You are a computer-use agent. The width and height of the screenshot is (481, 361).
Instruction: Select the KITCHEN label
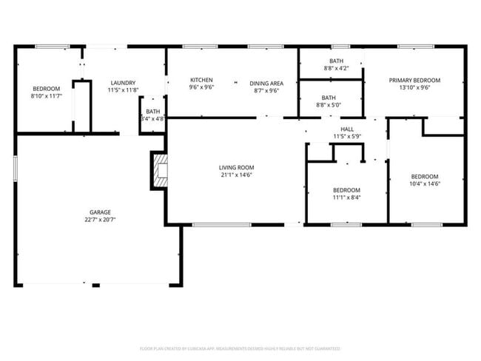point(201,80)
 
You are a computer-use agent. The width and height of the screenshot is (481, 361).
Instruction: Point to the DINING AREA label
point(266,84)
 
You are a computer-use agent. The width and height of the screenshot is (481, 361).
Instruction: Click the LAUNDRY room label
point(123,82)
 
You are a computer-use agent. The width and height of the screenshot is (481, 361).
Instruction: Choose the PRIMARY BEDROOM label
point(414,80)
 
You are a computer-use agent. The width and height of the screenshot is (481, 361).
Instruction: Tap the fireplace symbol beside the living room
point(159,170)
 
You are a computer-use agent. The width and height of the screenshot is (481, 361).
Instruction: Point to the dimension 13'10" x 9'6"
point(414,88)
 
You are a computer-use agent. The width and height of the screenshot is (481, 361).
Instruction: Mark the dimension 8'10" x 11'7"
point(45,95)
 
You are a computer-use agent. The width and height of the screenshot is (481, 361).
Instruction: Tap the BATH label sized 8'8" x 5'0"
point(329,98)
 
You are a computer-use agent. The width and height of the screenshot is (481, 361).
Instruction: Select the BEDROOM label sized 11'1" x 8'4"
point(346,190)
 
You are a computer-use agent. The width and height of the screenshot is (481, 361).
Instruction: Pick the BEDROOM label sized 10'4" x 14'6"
point(425,176)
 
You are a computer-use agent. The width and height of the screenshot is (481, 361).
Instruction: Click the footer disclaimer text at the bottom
point(240,348)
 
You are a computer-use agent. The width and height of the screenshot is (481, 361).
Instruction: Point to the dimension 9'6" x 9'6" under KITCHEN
point(201,88)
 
